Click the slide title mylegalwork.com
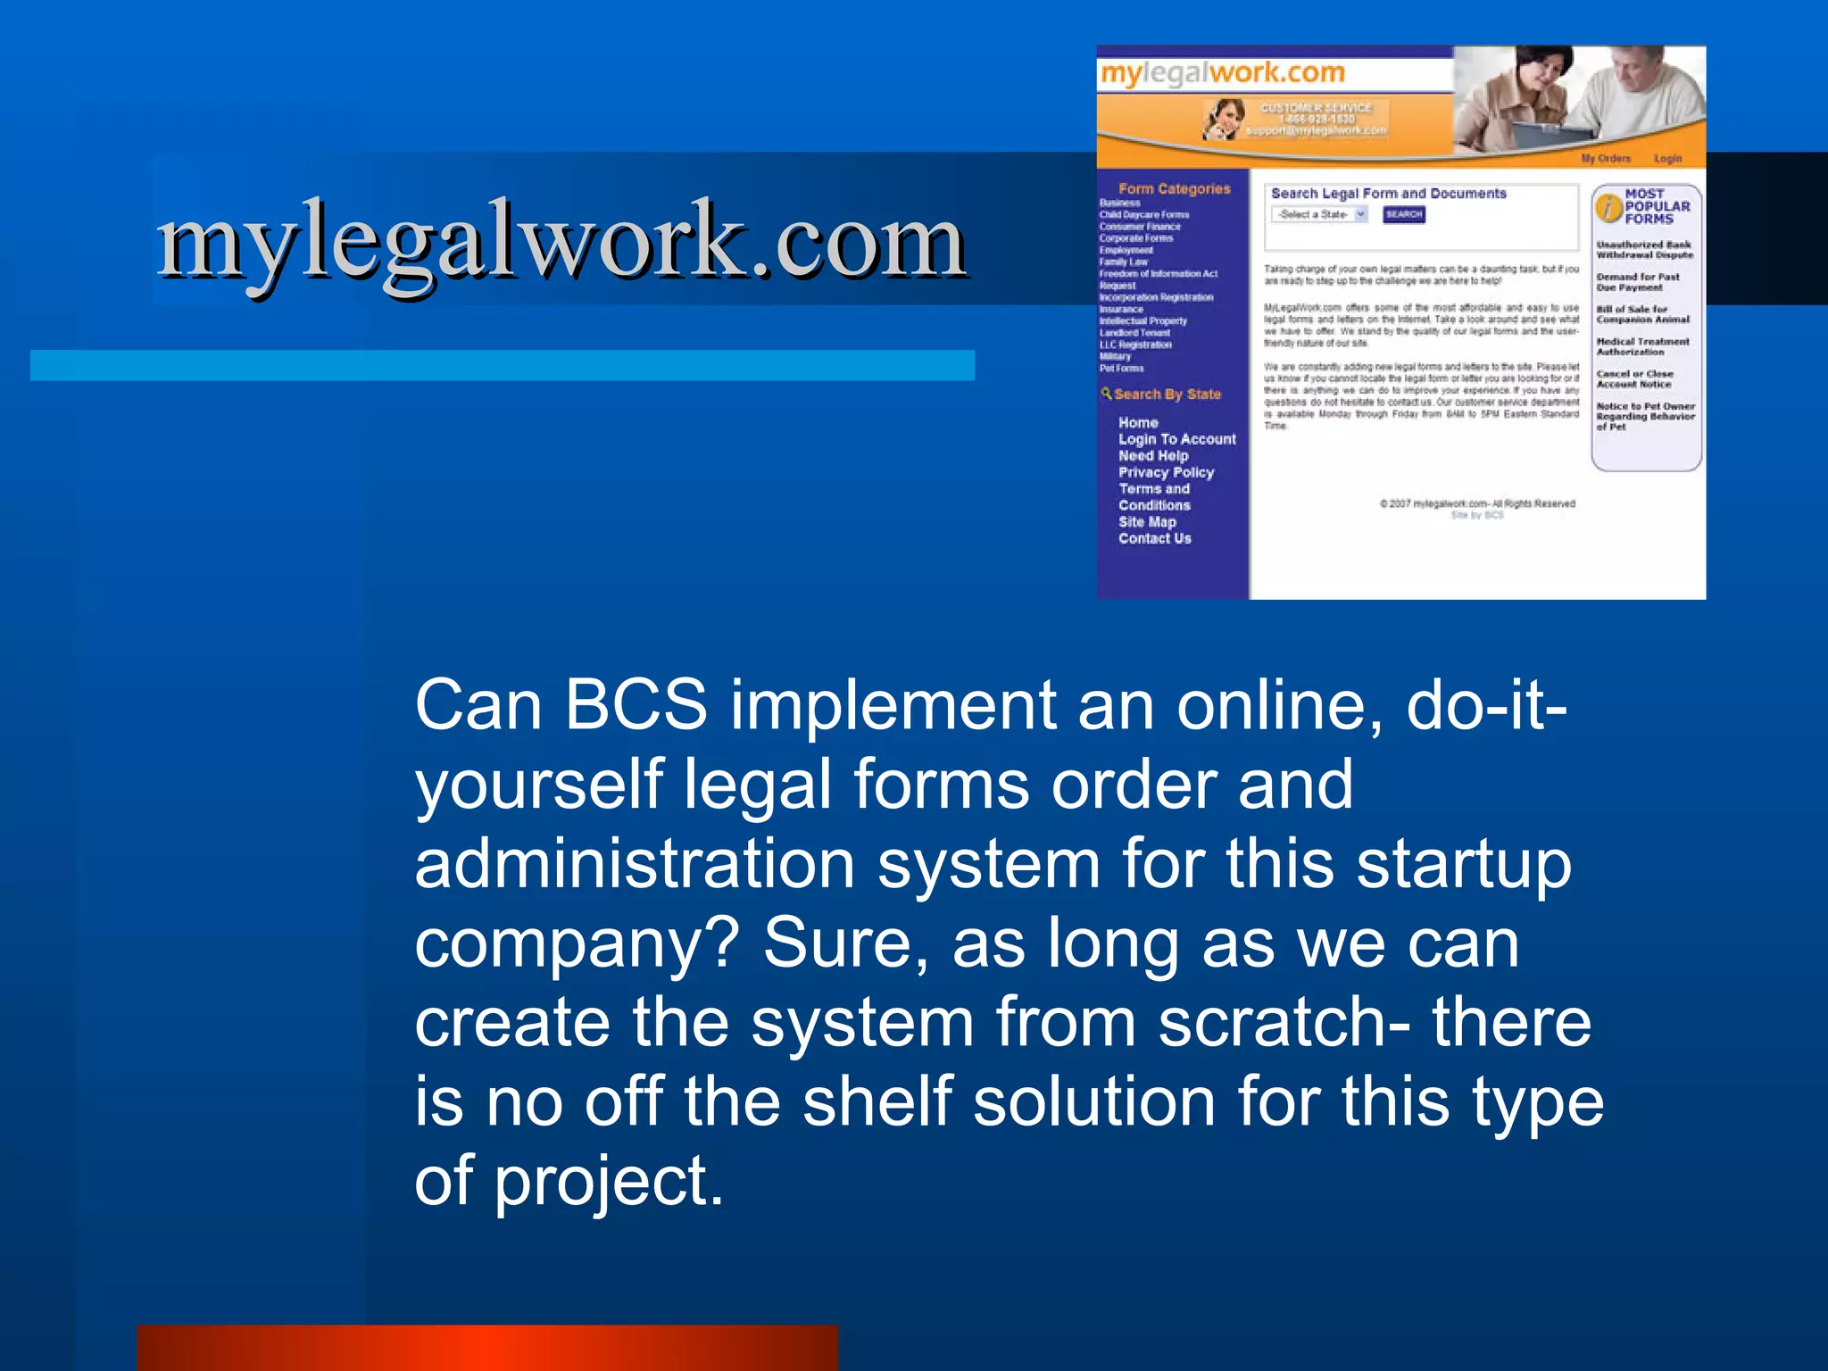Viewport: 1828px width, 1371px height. (x=562, y=239)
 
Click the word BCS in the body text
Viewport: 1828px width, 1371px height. (x=636, y=705)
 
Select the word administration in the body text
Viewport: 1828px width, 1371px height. (x=635, y=864)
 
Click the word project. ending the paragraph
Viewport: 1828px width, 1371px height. (x=609, y=1180)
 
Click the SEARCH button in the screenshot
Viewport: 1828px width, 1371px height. (x=1403, y=214)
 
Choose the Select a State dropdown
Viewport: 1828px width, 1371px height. (x=1319, y=214)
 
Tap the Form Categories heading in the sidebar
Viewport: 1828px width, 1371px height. (x=1174, y=188)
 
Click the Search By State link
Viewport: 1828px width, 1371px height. (x=1166, y=394)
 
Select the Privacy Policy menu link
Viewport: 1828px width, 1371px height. (x=1166, y=472)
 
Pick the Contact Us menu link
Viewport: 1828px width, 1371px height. (x=1154, y=538)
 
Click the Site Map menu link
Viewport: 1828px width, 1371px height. (x=1147, y=522)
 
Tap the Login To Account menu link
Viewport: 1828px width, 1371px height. (x=1176, y=439)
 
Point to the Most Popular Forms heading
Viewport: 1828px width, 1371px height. (x=1656, y=206)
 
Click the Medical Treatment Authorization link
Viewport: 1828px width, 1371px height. (x=1642, y=346)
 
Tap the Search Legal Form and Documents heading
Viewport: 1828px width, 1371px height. (x=1388, y=194)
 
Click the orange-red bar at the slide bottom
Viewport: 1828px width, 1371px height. (x=487, y=1348)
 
